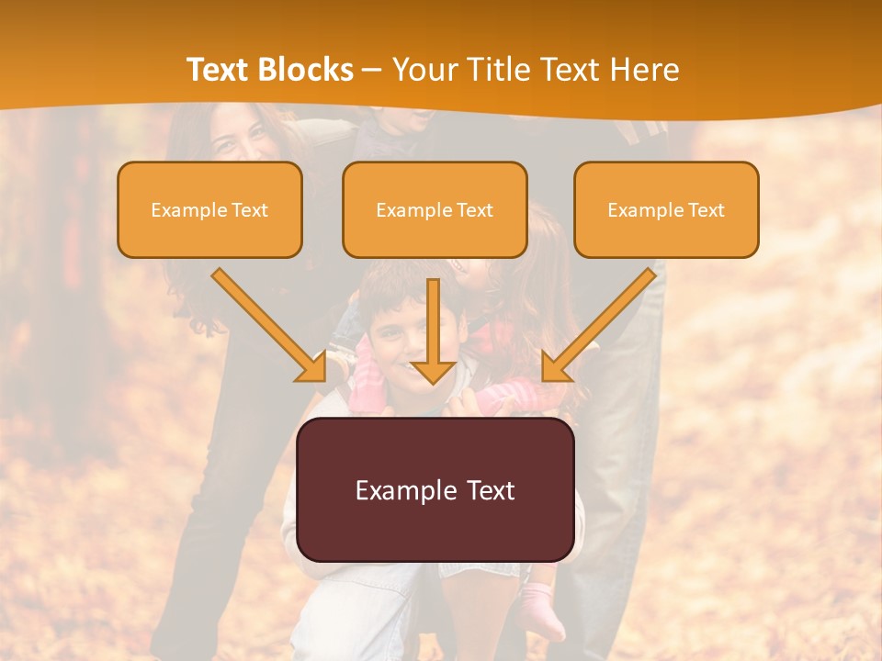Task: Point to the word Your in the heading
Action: point(424,70)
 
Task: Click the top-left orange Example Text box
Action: point(209,210)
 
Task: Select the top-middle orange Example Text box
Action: point(435,210)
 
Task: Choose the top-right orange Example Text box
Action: point(666,210)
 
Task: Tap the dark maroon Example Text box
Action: point(435,489)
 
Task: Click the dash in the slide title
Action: point(372,70)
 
